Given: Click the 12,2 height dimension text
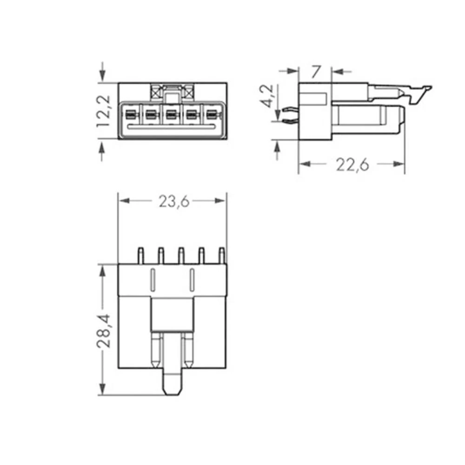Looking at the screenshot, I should click(103, 111).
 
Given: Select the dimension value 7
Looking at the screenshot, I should click(316, 72).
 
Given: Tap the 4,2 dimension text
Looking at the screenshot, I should click(269, 96).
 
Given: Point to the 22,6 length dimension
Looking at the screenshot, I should click(352, 165).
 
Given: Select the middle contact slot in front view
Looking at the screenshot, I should click(171, 113).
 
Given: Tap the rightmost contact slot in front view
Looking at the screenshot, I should click(212, 113).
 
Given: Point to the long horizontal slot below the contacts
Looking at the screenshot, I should click(171, 126).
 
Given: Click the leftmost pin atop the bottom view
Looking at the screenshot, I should click(139, 255).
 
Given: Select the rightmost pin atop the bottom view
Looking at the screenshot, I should click(222, 255).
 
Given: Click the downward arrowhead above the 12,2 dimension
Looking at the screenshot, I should click(103, 77).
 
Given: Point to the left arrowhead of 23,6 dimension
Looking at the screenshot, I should click(123, 201).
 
